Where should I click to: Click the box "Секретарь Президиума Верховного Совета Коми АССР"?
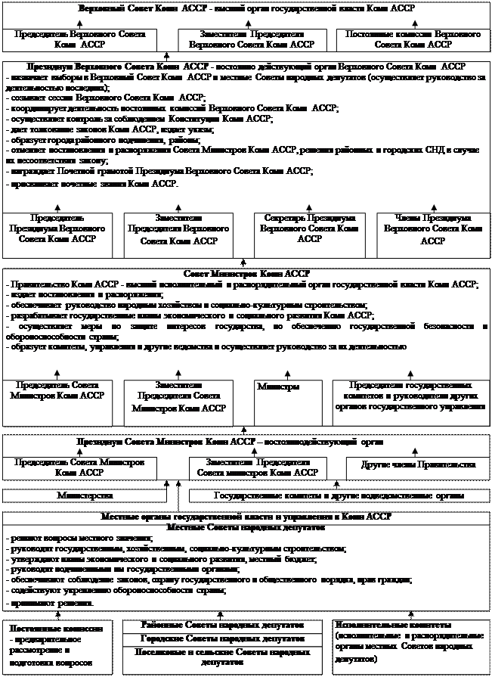[x=307, y=228]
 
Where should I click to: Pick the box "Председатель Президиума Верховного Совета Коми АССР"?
[x=57, y=228]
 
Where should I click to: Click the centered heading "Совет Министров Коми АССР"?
[x=246, y=273]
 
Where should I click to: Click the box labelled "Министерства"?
[x=85, y=495]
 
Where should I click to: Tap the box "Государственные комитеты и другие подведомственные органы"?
[x=339, y=495]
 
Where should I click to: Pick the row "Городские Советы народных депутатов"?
[x=223, y=640]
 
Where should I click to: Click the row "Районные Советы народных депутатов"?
[x=223, y=626]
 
